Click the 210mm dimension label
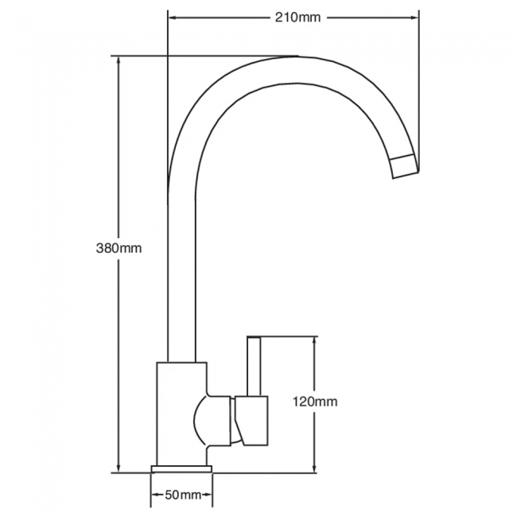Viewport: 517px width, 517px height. (x=297, y=17)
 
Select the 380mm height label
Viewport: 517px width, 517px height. (x=119, y=248)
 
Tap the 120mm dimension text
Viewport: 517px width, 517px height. (x=315, y=402)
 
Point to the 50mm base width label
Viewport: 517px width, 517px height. (x=183, y=495)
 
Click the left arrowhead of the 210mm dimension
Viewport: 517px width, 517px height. (x=172, y=17)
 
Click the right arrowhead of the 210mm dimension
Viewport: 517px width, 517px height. (x=414, y=17)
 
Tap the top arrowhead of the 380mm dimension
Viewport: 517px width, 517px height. (x=119, y=60)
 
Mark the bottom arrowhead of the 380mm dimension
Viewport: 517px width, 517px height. (x=119, y=468)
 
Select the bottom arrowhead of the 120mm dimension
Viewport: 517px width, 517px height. (x=314, y=468)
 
